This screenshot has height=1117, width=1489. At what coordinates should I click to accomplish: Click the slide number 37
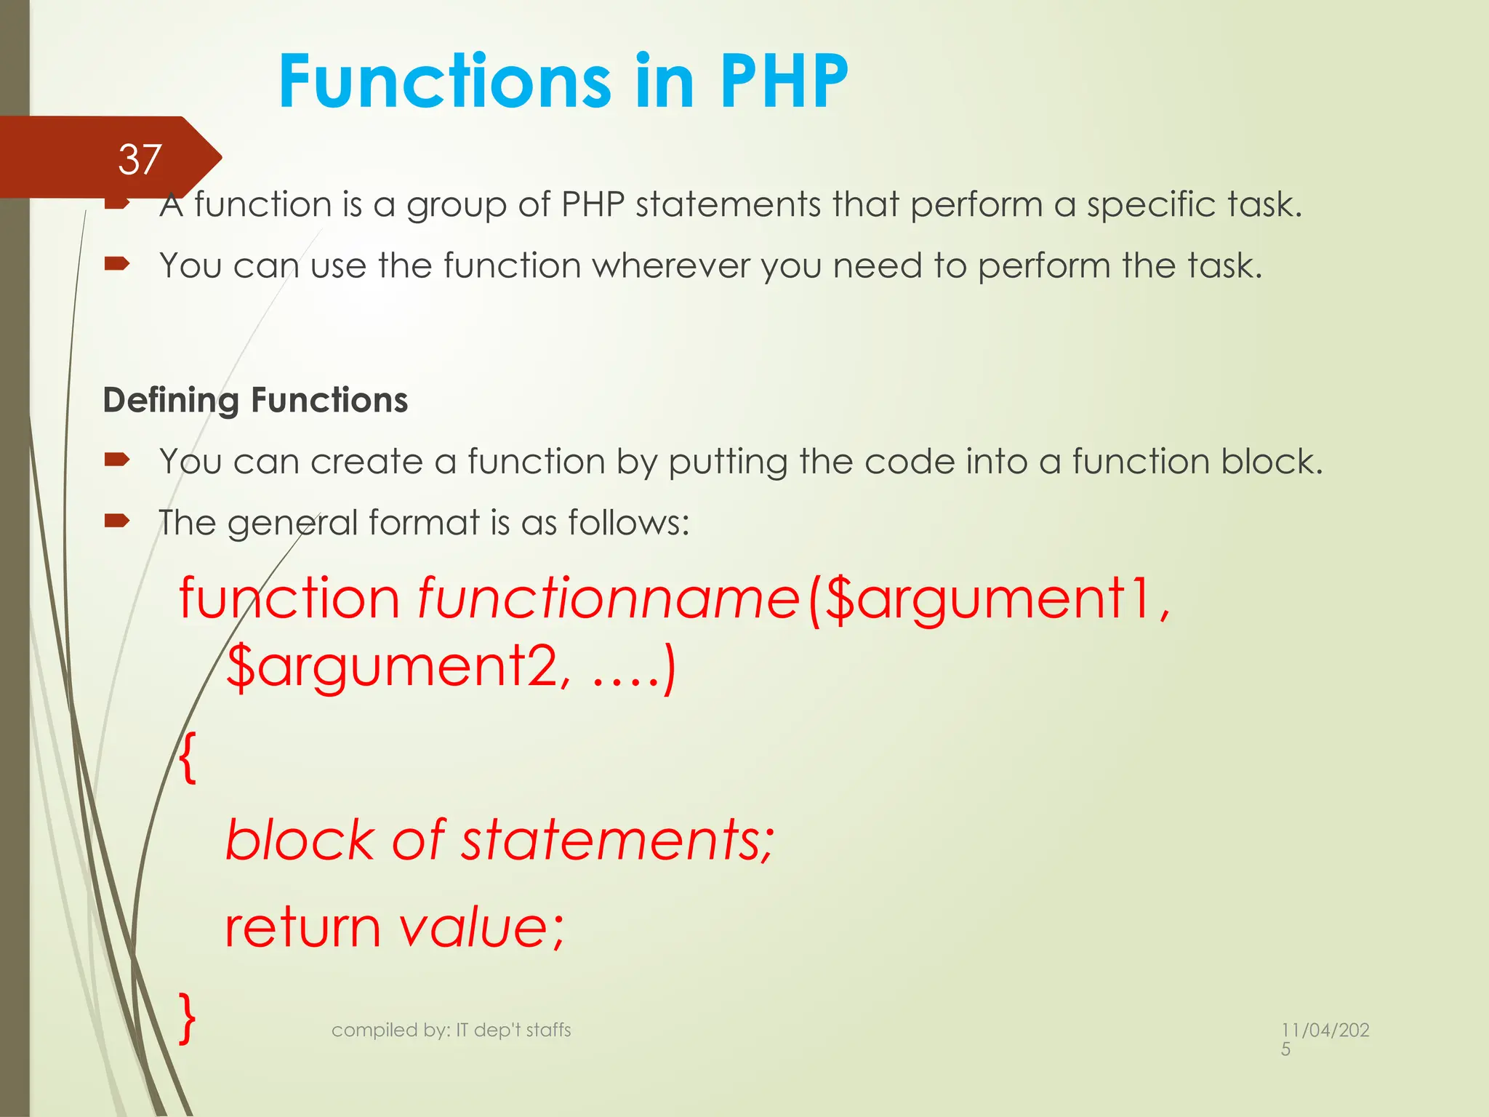(139, 159)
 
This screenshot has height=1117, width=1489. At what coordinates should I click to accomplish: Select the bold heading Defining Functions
(255, 401)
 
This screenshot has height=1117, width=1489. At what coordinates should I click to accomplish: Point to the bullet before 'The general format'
(116, 521)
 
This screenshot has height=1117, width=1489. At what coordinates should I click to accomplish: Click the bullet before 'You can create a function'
(116, 460)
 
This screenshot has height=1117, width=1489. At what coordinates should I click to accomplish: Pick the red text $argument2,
(398, 667)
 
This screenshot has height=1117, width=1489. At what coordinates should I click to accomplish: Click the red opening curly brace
(188, 758)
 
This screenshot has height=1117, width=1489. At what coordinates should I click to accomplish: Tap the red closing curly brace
(188, 1018)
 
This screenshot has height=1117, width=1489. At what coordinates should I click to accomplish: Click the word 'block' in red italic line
(300, 840)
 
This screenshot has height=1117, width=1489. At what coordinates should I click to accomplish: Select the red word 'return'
(302, 929)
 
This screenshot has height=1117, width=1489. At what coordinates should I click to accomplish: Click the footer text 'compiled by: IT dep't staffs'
(451, 1030)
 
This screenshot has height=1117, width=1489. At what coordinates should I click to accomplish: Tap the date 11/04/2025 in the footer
(1324, 1038)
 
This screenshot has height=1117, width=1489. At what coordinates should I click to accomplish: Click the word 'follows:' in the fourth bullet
(628, 523)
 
